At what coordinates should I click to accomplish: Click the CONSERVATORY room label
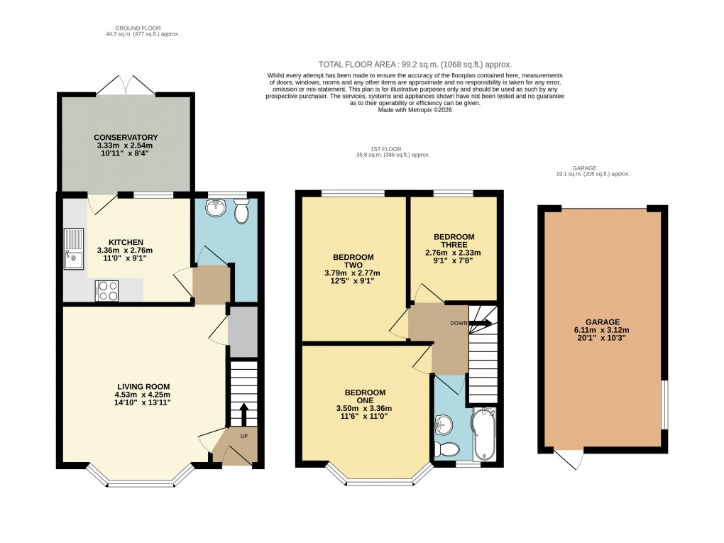tap(126, 137)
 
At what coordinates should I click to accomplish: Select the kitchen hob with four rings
tap(106, 291)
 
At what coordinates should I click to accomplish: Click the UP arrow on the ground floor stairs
tap(243, 413)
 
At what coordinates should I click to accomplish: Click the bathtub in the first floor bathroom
tap(486, 433)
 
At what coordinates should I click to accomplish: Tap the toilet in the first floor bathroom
tap(447, 449)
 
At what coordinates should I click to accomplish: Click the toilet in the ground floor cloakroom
tap(241, 211)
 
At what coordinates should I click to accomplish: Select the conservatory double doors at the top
tap(126, 85)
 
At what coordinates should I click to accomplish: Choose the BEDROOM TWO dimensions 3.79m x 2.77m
tap(353, 273)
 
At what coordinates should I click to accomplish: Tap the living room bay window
tap(140, 483)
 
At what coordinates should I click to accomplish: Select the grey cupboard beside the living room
tap(243, 331)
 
